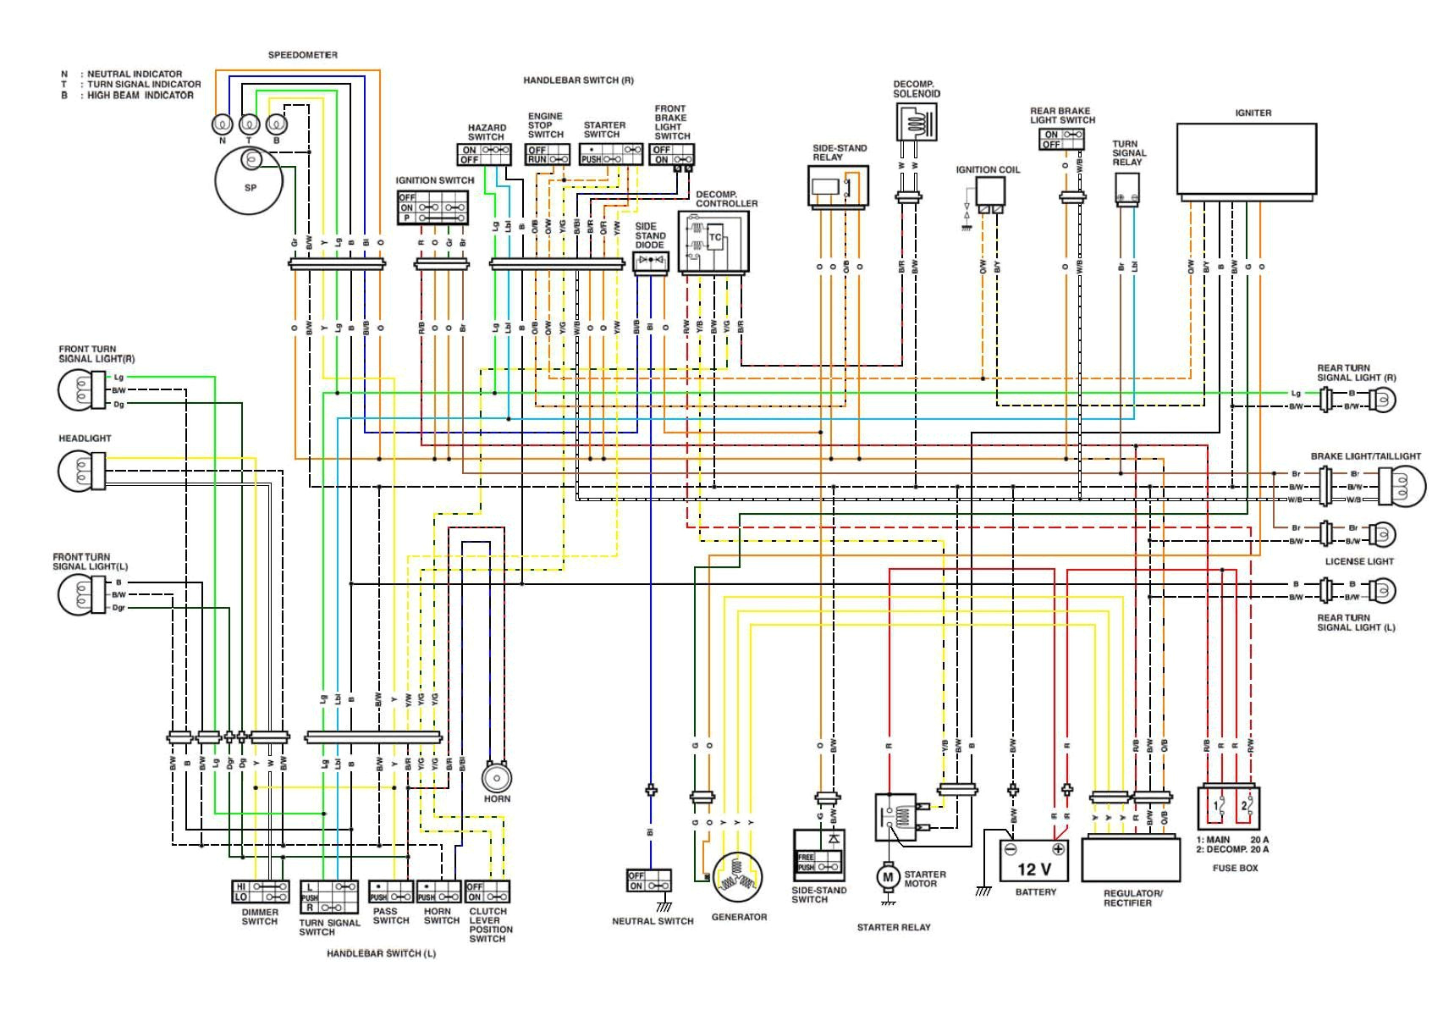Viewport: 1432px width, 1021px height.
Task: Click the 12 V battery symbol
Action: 1034,861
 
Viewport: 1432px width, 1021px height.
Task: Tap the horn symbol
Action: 497,777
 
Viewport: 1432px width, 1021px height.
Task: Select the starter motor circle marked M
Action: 888,877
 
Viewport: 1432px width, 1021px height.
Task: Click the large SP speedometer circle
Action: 250,181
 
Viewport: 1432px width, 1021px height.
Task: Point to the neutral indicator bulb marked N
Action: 223,124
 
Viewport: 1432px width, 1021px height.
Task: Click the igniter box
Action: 1247,159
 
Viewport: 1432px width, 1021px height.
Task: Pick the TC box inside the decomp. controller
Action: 715,238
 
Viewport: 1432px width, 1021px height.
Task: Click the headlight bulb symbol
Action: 81,471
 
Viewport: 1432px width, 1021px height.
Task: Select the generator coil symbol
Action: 738,876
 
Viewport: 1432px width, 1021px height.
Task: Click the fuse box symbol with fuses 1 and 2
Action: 1229,808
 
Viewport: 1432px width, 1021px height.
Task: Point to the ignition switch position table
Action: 433,207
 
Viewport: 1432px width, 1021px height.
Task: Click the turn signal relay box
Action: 1127,190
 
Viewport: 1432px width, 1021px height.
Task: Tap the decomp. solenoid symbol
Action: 917,123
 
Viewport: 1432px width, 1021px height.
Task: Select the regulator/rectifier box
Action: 1131,858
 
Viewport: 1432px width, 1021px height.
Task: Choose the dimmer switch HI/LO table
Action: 260,891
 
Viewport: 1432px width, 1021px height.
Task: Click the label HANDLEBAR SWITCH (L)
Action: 381,953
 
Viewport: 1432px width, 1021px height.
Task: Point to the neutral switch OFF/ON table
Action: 649,880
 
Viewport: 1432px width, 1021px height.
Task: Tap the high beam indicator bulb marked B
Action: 277,124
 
